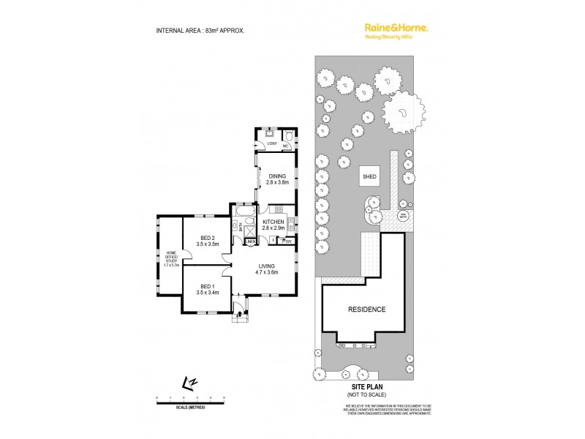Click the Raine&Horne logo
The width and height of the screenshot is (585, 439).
click(396, 28)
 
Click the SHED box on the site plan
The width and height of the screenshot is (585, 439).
click(369, 176)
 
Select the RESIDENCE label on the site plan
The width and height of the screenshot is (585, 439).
click(366, 309)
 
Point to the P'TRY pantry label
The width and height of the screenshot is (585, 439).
click(287, 241)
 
